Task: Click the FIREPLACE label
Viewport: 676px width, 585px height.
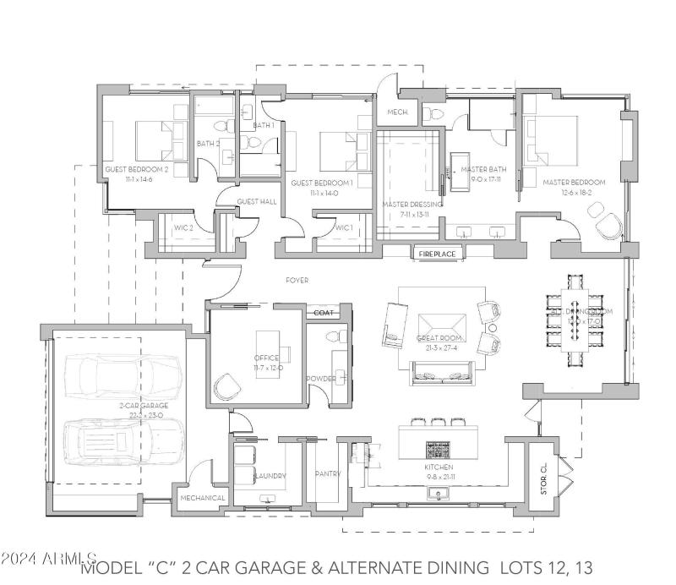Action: (x=437, y=253)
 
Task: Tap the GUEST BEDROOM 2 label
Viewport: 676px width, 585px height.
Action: (x=137, y=170)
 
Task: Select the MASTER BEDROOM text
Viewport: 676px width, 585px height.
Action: (x=574, y=183)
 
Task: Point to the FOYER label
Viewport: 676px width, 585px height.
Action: (x=297, y=280)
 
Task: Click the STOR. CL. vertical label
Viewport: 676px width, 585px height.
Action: (x=544, y=479)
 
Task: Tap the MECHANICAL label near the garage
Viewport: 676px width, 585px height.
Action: (x=203, y=498)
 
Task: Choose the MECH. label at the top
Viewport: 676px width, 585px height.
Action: (x=397, y=112)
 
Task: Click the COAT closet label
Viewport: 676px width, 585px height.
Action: (x=324, y=313)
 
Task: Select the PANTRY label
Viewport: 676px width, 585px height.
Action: (x=327, y=474)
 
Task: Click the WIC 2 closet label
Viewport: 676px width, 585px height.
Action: (x=185, y=227)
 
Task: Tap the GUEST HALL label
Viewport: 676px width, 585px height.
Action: (x=257, y=201)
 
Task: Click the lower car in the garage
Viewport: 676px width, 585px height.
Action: (x=123, y=440)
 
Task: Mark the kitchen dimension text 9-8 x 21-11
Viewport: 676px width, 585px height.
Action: (x=439, y=478)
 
